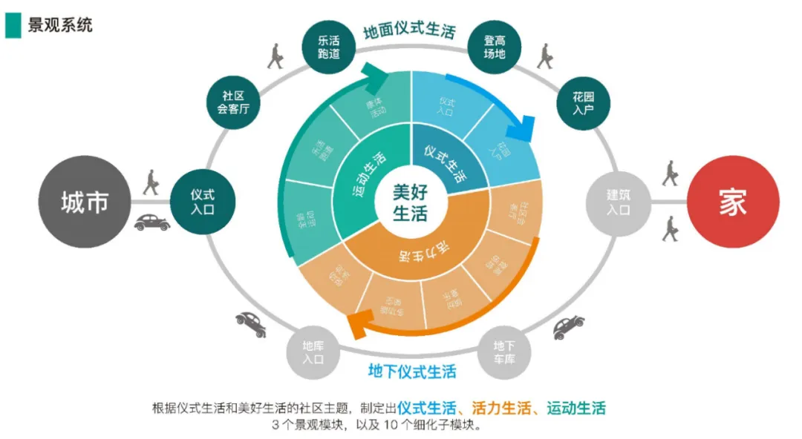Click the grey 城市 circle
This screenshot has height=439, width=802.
point(85,202)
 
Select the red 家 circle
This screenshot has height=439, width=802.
point(732,202)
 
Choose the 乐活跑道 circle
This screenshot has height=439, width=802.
point(329,47)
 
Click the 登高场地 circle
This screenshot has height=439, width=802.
point(495,47)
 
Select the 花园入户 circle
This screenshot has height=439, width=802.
point(584,104)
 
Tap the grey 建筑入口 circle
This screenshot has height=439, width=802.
point(618,202)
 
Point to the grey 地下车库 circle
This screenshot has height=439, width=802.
point(504,351)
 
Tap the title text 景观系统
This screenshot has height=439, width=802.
point(60,24)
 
